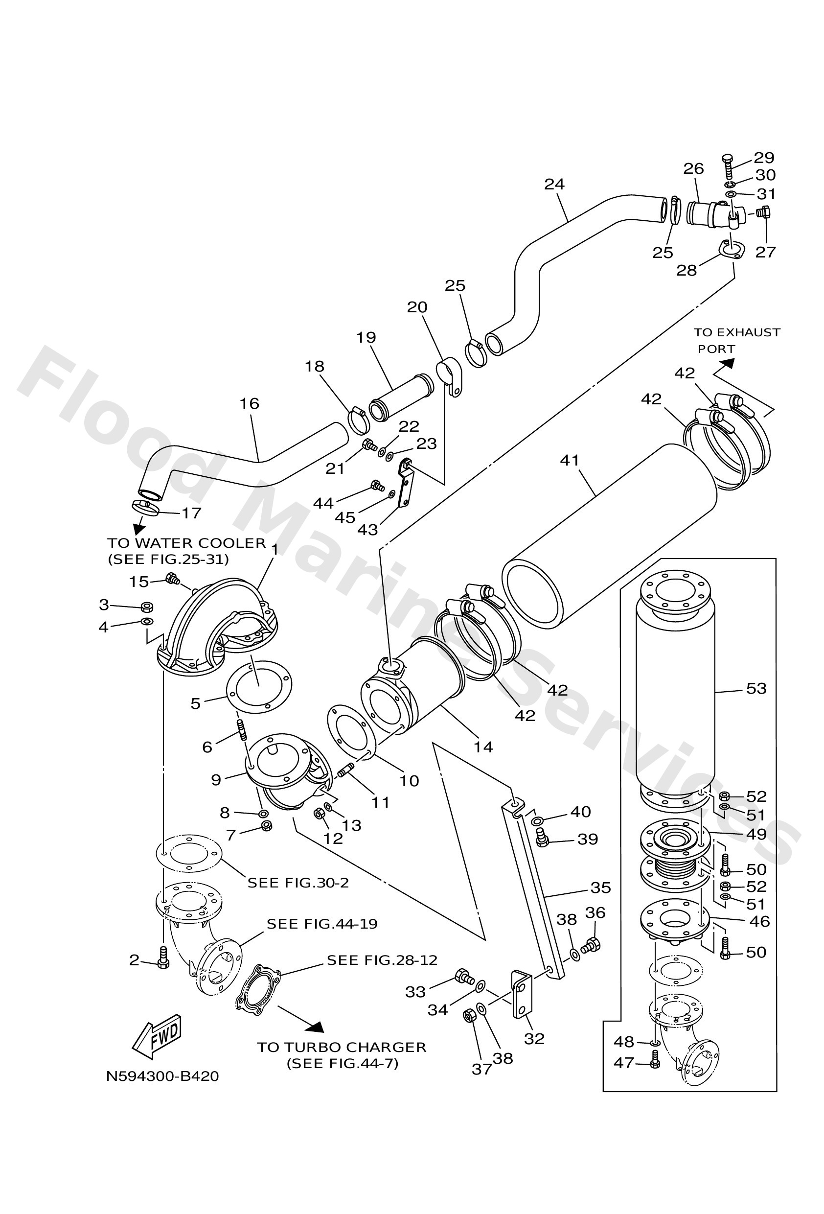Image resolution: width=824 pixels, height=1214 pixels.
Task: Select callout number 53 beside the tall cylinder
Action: [x=756, y=688]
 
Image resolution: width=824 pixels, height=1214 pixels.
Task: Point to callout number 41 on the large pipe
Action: [x=570, y=460]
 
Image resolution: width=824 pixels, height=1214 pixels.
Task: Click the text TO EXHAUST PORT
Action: [x=736, y=340]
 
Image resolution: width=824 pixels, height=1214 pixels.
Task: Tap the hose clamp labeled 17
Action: [x=144, y=507]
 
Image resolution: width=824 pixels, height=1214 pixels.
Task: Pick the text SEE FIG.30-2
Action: [x=298, y=882]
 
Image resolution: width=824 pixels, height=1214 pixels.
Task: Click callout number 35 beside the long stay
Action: [x=600, y=887]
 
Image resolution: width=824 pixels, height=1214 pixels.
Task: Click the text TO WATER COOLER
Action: [x=186, y=543]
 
